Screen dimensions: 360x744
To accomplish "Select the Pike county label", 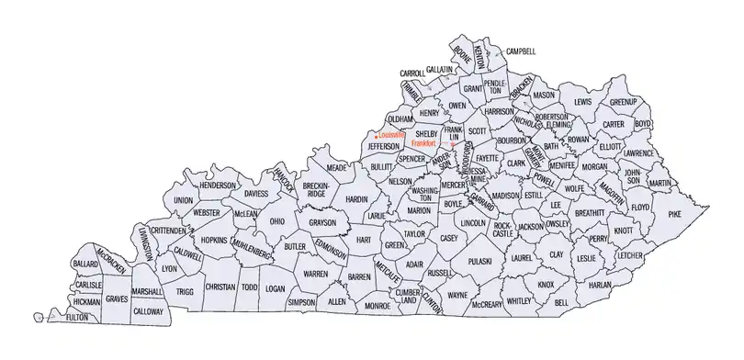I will [x=676, y=214].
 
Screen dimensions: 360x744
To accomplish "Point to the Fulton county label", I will [x=77, y=317].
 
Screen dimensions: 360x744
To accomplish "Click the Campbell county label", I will [x=520, y=52].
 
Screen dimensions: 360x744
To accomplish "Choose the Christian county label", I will [x=220, y=287].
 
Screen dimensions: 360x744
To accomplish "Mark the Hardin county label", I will [x=356, y=198].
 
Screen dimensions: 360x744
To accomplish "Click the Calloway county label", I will [x=148, y=311].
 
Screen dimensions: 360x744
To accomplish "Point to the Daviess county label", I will [x=256, y=194].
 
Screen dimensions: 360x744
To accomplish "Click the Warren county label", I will [x=316, y=274].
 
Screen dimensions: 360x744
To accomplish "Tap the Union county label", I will [x=183, y=199].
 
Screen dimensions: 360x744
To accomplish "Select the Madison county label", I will [x=505, y=196].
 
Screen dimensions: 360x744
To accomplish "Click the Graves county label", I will [x=117, y=298].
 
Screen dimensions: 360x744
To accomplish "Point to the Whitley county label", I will [x=519, y=300].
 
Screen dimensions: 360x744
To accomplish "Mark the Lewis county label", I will [x=582, y=101].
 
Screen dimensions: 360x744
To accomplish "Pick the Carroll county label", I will [x=411, y=73].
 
